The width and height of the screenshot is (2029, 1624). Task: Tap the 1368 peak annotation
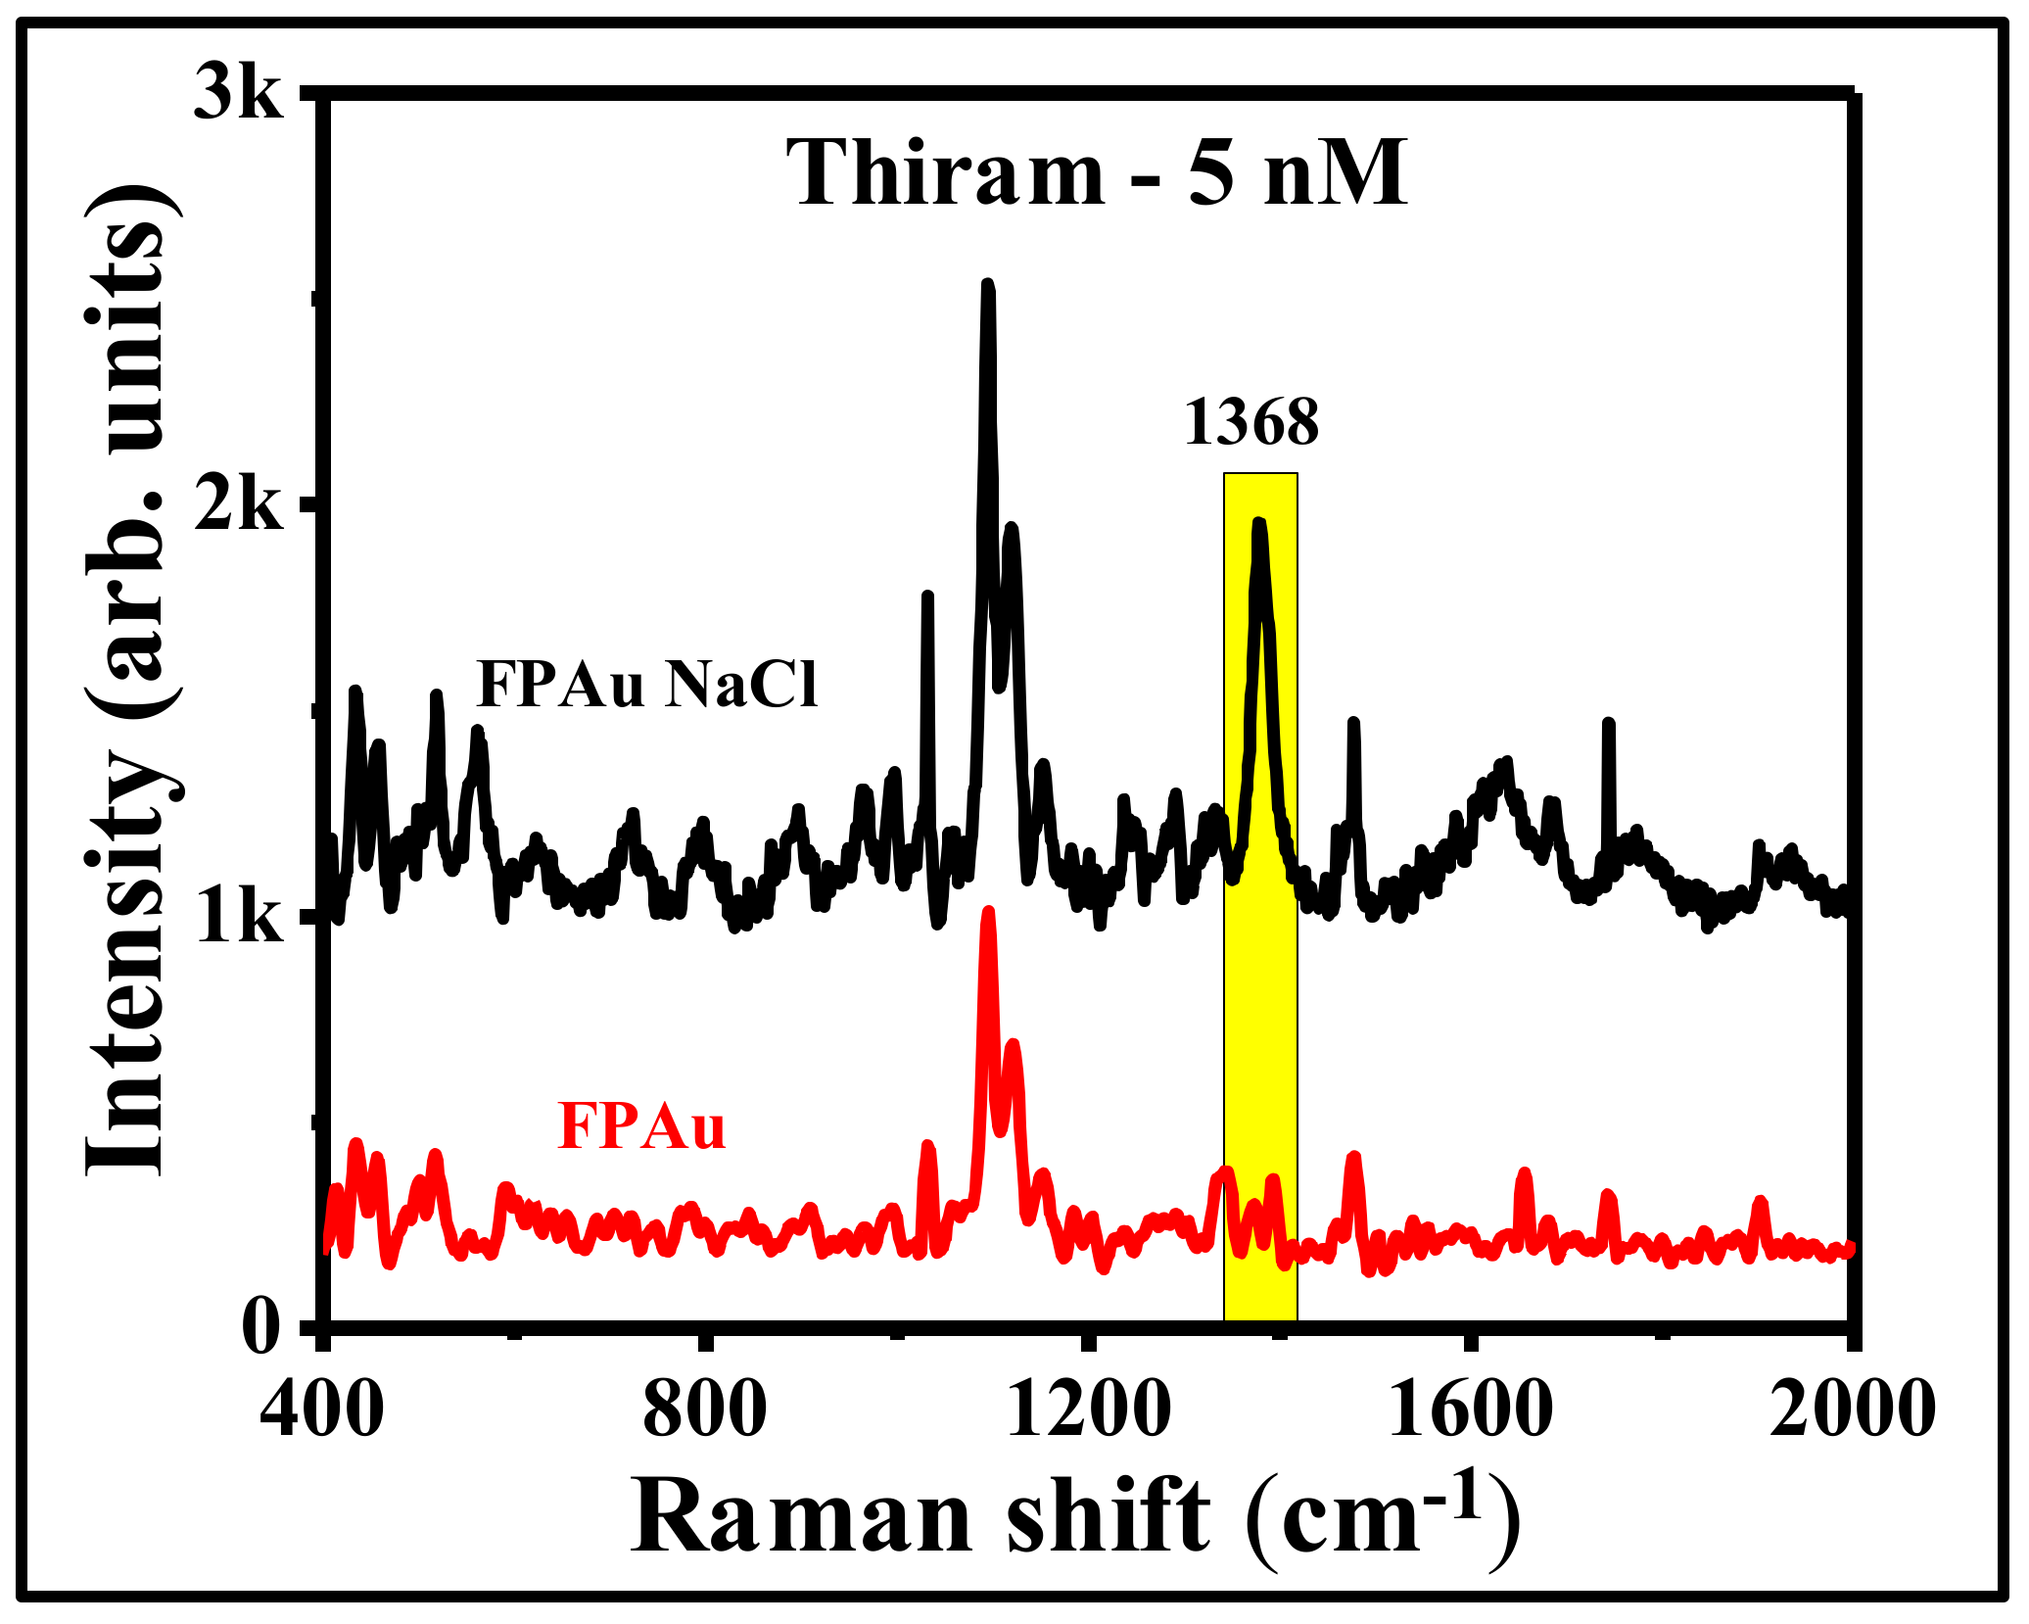pyautogui.click(x=1251, y=423)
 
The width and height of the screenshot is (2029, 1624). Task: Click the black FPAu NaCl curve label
pyautogui.click(x=646, y=684)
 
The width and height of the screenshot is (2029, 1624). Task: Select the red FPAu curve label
pyautogui.click(x=641, y=1126)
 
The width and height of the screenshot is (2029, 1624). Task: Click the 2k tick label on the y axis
pyautogui.click(x=239, y=507)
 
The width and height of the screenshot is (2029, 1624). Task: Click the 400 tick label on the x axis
pyautogui.click(x=322, y=1410)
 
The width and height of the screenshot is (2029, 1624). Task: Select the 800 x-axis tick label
pyautogui.click(x=705, y=1410)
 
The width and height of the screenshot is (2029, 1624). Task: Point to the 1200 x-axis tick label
pyautogui.click(x=1087, y=1410)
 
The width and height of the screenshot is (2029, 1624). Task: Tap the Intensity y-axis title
pyautogui.click(x=132, y=686)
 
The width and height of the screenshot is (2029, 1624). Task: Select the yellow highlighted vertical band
pyautogui.click(x=1261, y=979)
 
